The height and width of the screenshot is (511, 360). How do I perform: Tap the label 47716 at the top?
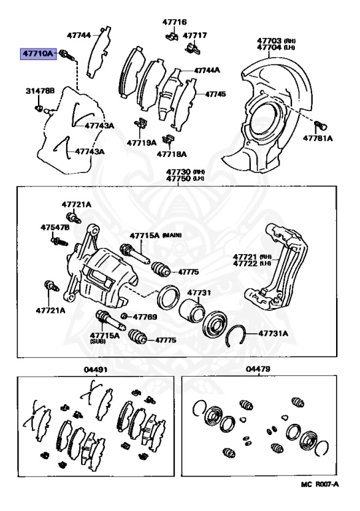174,22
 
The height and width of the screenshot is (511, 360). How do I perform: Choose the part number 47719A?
142,142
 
